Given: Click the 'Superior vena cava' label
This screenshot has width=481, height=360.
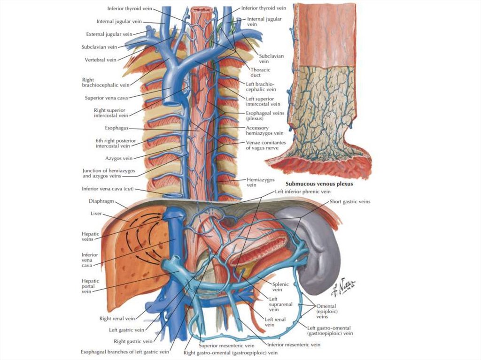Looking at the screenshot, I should coord(106,98).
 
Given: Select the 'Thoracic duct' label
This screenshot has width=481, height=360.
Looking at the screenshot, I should coord(260,73).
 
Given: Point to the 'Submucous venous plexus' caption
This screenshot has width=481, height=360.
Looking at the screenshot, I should coord(319,184).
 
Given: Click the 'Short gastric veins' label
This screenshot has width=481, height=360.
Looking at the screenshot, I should coord(349,201).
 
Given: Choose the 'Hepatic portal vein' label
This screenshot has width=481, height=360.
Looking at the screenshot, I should coord(88,285).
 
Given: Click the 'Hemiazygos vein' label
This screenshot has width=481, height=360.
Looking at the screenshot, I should coord(257,182).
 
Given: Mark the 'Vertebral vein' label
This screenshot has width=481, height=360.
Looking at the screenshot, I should coord(100,60).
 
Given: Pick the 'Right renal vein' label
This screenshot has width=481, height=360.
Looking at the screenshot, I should coord(117,318).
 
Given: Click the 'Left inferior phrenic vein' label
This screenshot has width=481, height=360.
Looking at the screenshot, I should coord(303,191).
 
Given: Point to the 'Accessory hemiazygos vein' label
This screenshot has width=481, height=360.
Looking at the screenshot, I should coord(264,130).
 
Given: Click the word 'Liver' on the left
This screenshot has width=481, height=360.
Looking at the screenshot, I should coord(96,213).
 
